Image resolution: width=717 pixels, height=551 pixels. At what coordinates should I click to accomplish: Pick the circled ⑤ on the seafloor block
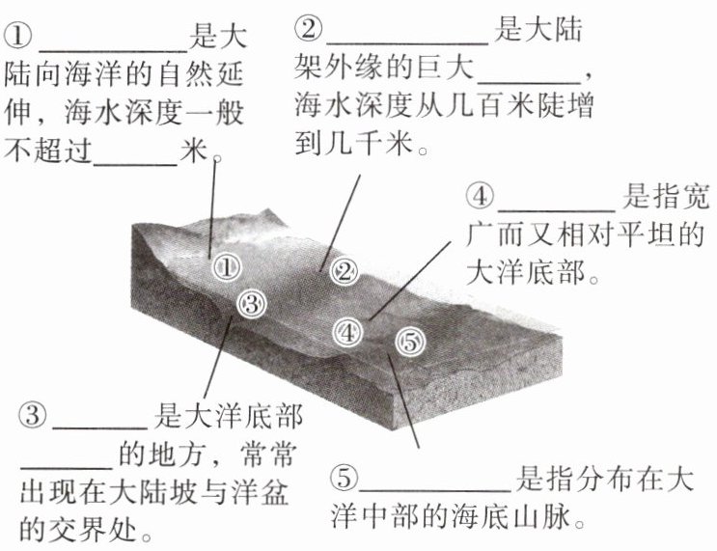pos(409,340)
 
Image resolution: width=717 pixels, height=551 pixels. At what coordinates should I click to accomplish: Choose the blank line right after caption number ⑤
pos(436,486)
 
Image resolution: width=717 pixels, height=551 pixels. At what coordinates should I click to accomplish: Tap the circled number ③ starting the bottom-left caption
pos(32,416)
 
